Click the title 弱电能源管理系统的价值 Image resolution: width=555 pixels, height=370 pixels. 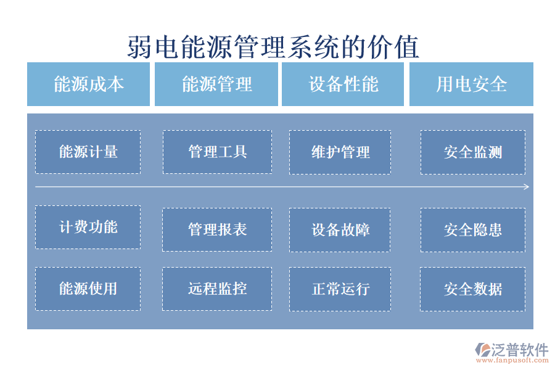(273, 47)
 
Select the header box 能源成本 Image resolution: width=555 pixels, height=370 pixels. (88, 84)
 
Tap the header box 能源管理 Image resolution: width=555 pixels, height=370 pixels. (216, 84)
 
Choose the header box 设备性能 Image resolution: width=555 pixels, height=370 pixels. (343, 84)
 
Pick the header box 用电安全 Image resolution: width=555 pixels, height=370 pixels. (471, 84)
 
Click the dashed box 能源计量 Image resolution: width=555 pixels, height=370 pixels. (88, 152)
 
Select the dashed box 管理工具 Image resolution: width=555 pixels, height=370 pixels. (217, 152)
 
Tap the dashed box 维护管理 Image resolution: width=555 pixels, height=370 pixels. (340, 152)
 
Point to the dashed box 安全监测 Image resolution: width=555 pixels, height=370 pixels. (472, 152)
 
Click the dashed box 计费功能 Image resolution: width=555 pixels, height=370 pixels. (88, 227)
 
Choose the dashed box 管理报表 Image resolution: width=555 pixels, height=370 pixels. (217, 229)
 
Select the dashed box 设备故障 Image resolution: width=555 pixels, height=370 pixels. (340, 229)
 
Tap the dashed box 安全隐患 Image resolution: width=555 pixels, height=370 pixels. (472, 229)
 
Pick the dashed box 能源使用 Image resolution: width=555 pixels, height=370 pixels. (88, 288)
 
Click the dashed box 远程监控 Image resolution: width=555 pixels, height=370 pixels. (217, 288)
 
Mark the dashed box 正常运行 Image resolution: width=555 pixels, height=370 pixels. (340, 288)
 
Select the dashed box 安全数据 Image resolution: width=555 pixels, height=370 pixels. (472, 288)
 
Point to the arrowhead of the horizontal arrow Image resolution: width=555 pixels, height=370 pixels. (526, 187)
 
